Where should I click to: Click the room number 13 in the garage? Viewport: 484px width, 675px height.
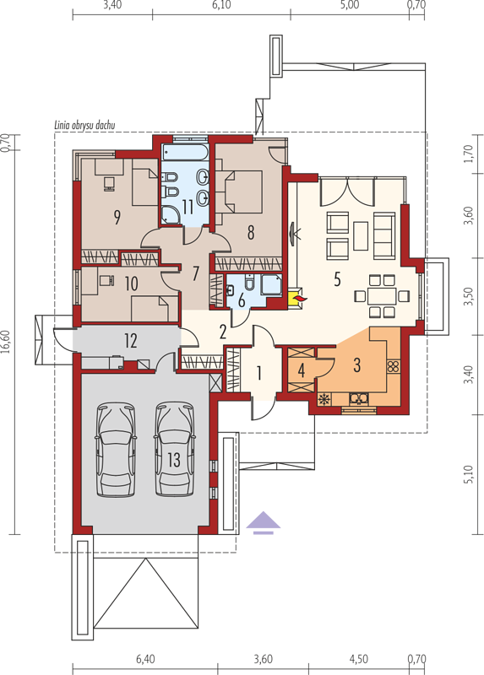[x=174, y=459]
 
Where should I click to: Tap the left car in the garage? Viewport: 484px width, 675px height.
[x=116, y=450]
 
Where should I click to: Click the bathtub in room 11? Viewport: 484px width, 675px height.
[x=185, y=153]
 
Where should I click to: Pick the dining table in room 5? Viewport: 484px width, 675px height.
[x=382, y=296]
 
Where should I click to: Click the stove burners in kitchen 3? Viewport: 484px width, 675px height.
[x=394, y=366]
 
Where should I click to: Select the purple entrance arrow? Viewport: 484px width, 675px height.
[x=264, y=522]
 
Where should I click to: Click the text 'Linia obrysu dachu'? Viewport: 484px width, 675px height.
[x=84, y=126]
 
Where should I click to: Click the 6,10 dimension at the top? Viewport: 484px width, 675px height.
[x=221, y=5]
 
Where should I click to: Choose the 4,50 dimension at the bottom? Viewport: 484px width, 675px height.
[x=359, y=660]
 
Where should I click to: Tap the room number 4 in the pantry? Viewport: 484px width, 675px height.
[x=302, y=370]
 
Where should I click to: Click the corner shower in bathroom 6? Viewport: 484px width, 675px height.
[x=271, y=285]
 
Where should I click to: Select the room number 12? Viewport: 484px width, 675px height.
[x=131, y=341]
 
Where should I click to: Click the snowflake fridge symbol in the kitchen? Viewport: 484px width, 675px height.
[x=324, y=399]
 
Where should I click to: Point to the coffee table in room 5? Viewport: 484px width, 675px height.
[x=361, y=235]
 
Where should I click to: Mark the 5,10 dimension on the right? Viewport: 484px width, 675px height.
[x=470, y=474]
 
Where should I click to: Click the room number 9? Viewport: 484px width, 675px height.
[x=117, y=217]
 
